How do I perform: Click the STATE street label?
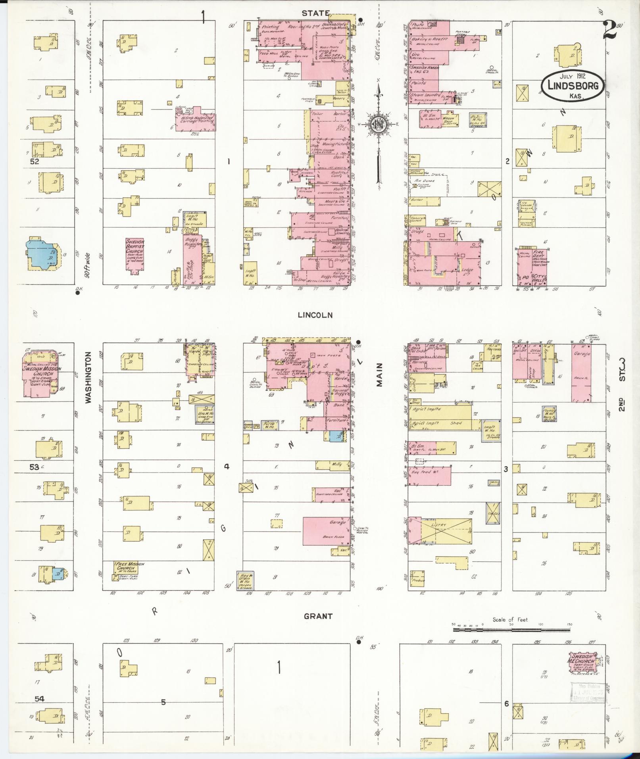[315, 13]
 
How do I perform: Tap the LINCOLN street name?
[316, 315]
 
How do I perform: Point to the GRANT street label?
[318, 627]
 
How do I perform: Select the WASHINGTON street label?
[88, 377]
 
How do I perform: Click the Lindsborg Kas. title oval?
[573, 86]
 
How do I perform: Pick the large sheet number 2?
[609, 30]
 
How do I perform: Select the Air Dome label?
[424, 181]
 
